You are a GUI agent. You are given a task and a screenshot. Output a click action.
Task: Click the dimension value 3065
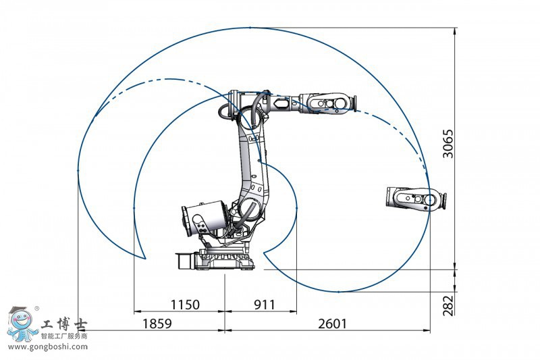click(448, 144)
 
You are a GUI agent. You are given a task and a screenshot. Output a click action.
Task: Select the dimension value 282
click(448, 305)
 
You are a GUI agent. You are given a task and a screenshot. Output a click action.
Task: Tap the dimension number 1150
click(185, 305)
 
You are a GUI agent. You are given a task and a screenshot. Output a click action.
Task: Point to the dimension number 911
click(265, 305)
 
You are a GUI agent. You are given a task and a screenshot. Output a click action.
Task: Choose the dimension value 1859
click(157, 324)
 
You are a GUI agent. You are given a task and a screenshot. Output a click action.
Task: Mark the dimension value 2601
click(333, 324)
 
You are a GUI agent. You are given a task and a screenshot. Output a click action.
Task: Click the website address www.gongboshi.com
click(48, 346)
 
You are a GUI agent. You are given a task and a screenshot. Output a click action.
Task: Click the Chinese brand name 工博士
click(64, 324)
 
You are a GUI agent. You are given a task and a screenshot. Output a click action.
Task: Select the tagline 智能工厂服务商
click(64, 336)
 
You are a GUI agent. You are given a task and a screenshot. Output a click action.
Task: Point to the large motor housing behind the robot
click(204, 220)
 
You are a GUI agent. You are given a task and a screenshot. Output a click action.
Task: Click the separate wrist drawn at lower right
click(416, 199)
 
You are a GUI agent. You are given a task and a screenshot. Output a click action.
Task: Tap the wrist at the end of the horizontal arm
click(329, 103)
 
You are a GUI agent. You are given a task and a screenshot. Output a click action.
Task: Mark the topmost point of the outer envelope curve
click(250, 27)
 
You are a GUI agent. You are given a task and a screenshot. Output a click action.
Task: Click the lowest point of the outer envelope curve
click(339, 292)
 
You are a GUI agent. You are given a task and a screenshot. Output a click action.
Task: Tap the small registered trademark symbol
click(37, 308)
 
